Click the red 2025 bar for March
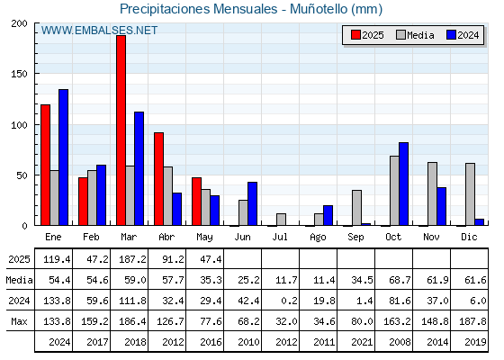pyautogui.click(x=121, y=130)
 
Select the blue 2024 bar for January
pyautogui.click(x=63, y=157)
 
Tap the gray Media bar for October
pyautogui.click(x=394, y=191)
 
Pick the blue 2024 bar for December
pyautogui.click(x=479, y=222)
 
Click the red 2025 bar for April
pyautogui.click(x=158, y=179)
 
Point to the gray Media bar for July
pyautogui.click(x=281, y=220)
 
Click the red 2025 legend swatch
pyautogui.click(x=355, y=35)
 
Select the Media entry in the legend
pyautogui.click(x=415, y=35)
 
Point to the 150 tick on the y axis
pyautogui.click(x=19, y=74)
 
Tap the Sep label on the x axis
pyautogui.click(x=355, y=238)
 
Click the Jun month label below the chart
pyautogui.click(x=242, y=238)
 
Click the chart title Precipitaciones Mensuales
pyautogui.click(x=198, y=9)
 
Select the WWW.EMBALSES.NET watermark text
pyautogui.click(x=99, y=31)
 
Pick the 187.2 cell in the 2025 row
pyautogui.click(x=132, y=259)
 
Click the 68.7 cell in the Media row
pyautogui.click(x=400, y=280)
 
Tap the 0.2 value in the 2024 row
pyautogui.click(x=286, y=301)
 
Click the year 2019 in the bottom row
pyautogui.click(x=475, y=342)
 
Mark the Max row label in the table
pyautogui.click(x=19, y=321)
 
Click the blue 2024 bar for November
pyautogui.click(x=441, y=206)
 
